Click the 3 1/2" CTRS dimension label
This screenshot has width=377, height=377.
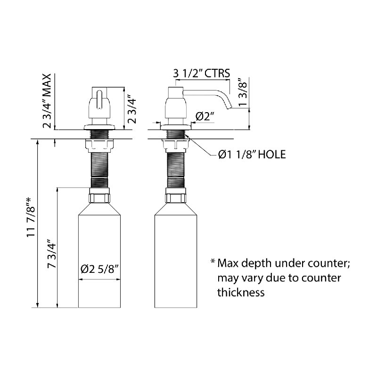click(202, 74)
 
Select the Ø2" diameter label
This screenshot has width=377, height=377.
click(205, 116)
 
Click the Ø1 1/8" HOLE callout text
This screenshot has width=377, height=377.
click(252, 155)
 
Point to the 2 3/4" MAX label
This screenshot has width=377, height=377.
click(47, 101)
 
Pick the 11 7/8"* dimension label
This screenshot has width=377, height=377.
click(32, 217)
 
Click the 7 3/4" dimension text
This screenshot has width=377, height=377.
click(51, 254)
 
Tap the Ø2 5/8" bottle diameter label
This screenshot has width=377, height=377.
click(100, 269)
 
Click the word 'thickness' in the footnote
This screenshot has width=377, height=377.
click(241, 293)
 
